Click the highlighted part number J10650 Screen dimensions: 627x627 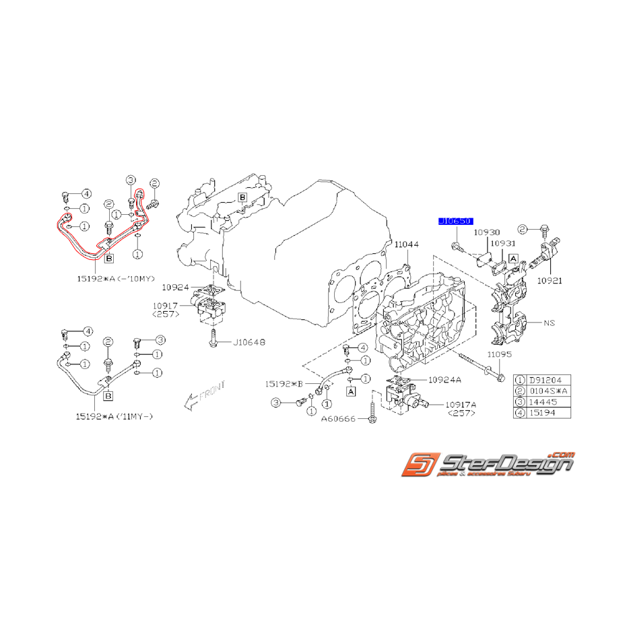(x=456, y=220)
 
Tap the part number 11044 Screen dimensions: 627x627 (x=406, y=245)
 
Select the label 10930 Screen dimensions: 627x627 (x=486, y=232)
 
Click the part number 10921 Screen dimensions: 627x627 (x=551, y=279)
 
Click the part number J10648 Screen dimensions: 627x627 (x=249, y=343)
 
